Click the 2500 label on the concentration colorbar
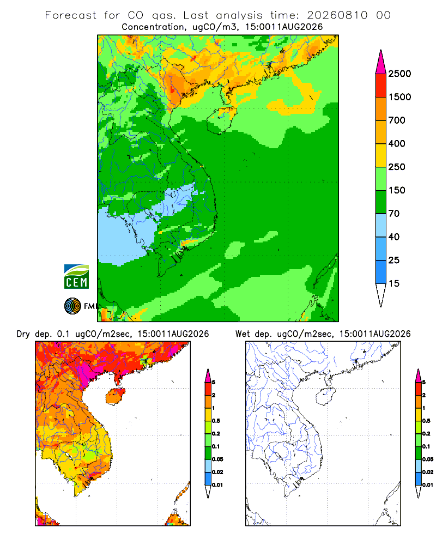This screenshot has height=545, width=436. [399, 74]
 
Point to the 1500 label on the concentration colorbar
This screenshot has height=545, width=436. [399, 97]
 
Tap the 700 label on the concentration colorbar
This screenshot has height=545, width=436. [397, 120]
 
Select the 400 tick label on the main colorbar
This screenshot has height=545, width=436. [397, 143]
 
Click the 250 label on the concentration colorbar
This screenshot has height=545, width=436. [397, 167]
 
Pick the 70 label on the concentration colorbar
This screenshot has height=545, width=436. [394, 214]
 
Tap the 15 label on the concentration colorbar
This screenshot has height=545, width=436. [394, 283]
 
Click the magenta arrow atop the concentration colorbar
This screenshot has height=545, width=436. [381, 62]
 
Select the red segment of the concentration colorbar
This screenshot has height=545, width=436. [381, 86]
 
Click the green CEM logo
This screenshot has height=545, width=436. [76, 277]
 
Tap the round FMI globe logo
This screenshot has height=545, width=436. [72, 306]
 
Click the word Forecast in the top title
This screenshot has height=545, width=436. [71, 15]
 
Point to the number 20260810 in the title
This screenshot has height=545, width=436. [337, 15]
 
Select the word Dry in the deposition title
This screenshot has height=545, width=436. [23, 334]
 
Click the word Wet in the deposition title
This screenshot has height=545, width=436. [243, 334]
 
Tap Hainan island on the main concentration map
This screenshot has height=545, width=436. [222, 120]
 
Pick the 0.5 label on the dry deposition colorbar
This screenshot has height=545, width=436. [216, 421]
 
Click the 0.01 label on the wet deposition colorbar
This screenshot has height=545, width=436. [428, 485]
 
